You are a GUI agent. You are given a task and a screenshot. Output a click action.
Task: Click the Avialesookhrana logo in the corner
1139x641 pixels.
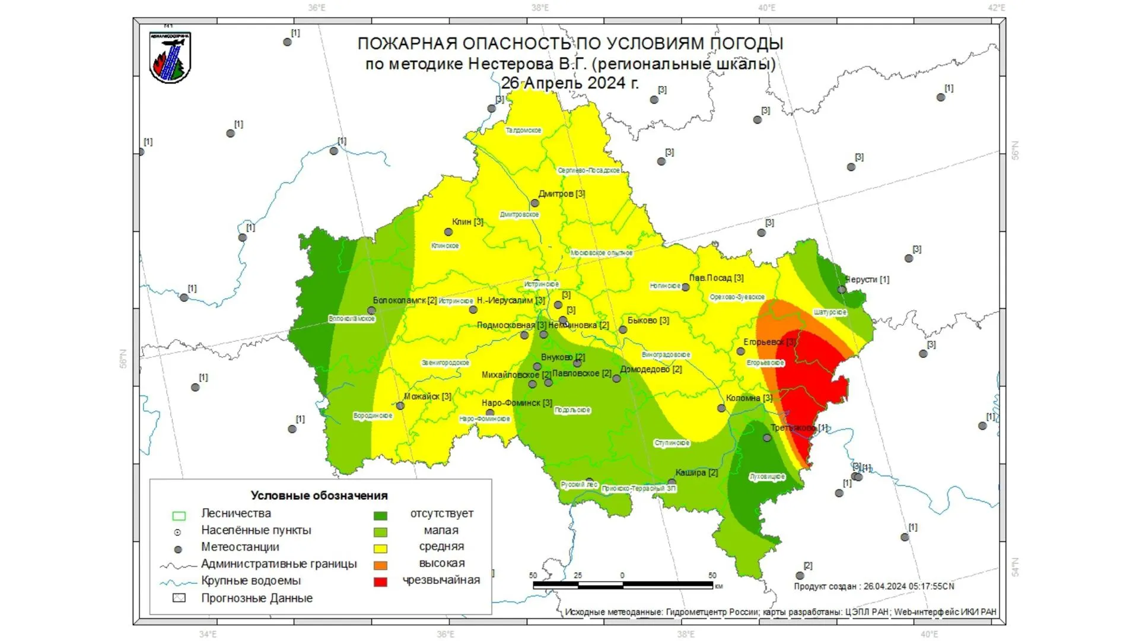click(170, 58)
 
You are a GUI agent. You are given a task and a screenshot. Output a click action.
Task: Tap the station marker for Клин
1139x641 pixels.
click(449, 233)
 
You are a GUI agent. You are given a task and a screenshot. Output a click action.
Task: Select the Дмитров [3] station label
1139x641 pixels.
click(561, 193)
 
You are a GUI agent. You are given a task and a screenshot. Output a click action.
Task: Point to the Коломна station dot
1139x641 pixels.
click(721, 408)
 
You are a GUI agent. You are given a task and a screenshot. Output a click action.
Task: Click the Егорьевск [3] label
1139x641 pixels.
click(769, 342)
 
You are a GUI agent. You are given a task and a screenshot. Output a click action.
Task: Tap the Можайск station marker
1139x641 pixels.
click(400, 406)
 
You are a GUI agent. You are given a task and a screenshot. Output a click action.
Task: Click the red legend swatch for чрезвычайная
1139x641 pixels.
click(380, 582)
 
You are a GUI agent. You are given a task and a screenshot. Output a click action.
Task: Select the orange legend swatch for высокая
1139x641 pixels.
click(380, 565)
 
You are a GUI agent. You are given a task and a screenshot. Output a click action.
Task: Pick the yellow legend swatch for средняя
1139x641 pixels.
click(380, 548)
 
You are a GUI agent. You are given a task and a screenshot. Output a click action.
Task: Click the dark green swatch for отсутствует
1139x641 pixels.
click(380, 515)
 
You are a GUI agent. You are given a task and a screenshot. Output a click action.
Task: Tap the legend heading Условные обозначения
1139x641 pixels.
click(319, 496)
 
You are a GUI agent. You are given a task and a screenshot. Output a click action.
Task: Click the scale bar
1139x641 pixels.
click(623, 585)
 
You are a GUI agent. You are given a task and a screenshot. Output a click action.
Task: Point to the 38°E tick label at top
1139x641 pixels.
click(540, 8)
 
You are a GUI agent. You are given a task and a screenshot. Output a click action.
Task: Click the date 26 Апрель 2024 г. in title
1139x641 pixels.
click(569, 83)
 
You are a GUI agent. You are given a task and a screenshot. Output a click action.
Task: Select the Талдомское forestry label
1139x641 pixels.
click(523, 130)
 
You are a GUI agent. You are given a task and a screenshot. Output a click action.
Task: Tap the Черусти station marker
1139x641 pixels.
click(842, 290)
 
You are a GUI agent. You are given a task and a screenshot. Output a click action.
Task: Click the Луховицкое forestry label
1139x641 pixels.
click(767, 477)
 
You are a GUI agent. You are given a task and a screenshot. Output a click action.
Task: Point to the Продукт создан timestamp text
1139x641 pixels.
click(874, 586)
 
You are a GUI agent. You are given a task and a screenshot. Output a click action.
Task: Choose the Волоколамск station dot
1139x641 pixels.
click(371, 310)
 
